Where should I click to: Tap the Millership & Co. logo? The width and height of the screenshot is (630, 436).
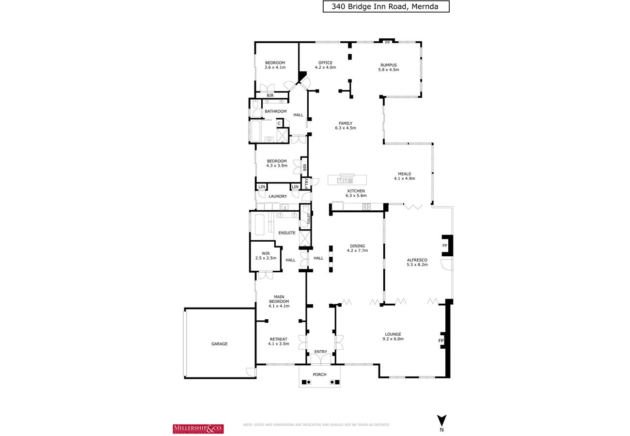pyautogui.click(x=198, y=429)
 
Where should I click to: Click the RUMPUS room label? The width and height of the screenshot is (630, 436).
pyautogui.click(x=388, y=65)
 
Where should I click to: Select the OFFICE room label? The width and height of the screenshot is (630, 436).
pyautogui.click(x=325, y=62)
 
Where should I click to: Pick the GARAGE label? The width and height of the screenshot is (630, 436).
pyautogui.click(x=220, y=344)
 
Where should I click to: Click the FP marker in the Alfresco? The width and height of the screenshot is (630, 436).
pyautogui.click(x=445, y=246)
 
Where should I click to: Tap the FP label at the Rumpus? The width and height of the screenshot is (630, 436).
pyautogui.click(x=387, y=43)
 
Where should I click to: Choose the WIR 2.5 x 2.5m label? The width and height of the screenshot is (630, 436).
pyautogui.click(x=266, y=255)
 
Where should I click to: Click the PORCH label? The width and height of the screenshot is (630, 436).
pyautogui.click(x=319, y=374)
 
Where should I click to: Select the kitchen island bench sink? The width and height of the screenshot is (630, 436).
pyautogui.click(x=345, y=180)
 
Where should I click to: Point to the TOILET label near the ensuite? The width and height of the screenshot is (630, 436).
pyautogui.click(x=309, y=218)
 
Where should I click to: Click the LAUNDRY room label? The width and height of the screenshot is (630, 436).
pyautogui.click(x=278, y=196)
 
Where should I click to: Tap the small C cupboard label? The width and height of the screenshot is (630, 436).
pyautogui.click(x=279, y=124)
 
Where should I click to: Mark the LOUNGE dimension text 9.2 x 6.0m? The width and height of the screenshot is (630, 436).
pyautogui.click(x=393, y=339)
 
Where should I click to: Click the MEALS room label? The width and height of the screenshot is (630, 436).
pyautogui.click(x=405, y=174)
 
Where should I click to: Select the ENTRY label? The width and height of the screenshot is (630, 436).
pyautogui.click(x=321, y=352)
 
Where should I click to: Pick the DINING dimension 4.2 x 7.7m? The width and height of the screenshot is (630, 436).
pyautogui.click(x=357, y=250)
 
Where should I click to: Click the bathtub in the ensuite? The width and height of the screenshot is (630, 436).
pyautogui.click(x=259, y=225)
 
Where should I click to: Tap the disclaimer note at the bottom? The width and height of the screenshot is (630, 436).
pyautogui.click(x=316, y=425)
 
